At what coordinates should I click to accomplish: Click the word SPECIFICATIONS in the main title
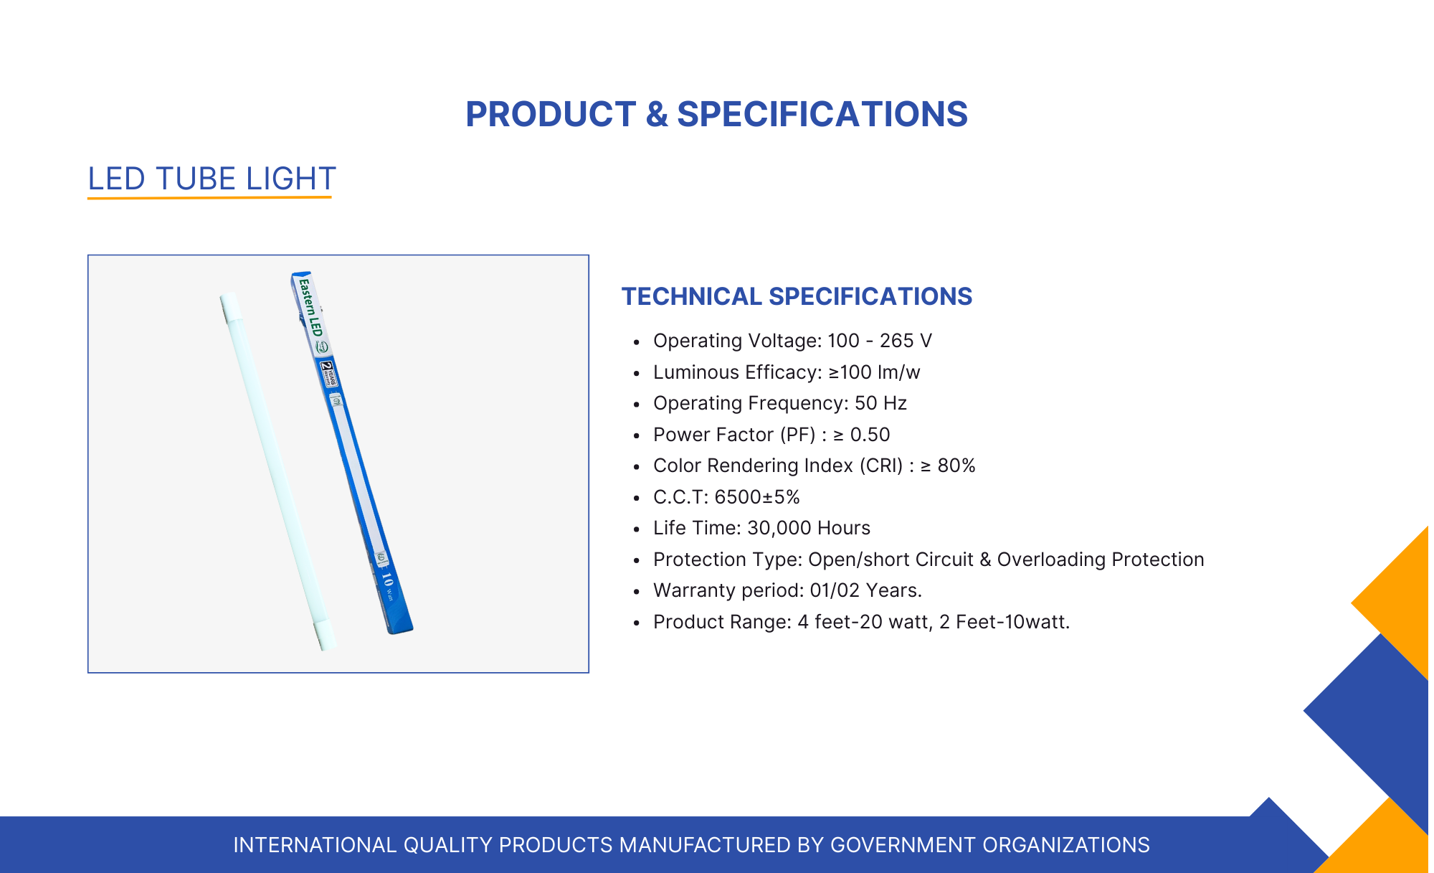point(822,114)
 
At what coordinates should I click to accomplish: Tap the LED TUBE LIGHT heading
point(212,179)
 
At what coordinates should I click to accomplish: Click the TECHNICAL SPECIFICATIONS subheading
point(797,296)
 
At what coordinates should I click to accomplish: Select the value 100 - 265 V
point(880,341)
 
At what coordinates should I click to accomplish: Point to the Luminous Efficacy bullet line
point(787,372)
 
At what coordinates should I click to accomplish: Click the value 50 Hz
point(880,403)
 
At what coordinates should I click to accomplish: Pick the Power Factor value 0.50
point(870,435)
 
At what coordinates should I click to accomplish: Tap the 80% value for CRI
point(956,466)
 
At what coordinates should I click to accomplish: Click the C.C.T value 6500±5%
point(757,497)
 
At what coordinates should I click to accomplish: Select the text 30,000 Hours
point(809,528)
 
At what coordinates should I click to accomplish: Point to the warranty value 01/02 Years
point(866,590)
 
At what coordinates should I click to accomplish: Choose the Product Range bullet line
point(861,622)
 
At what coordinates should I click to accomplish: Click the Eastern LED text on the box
point(311,307)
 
